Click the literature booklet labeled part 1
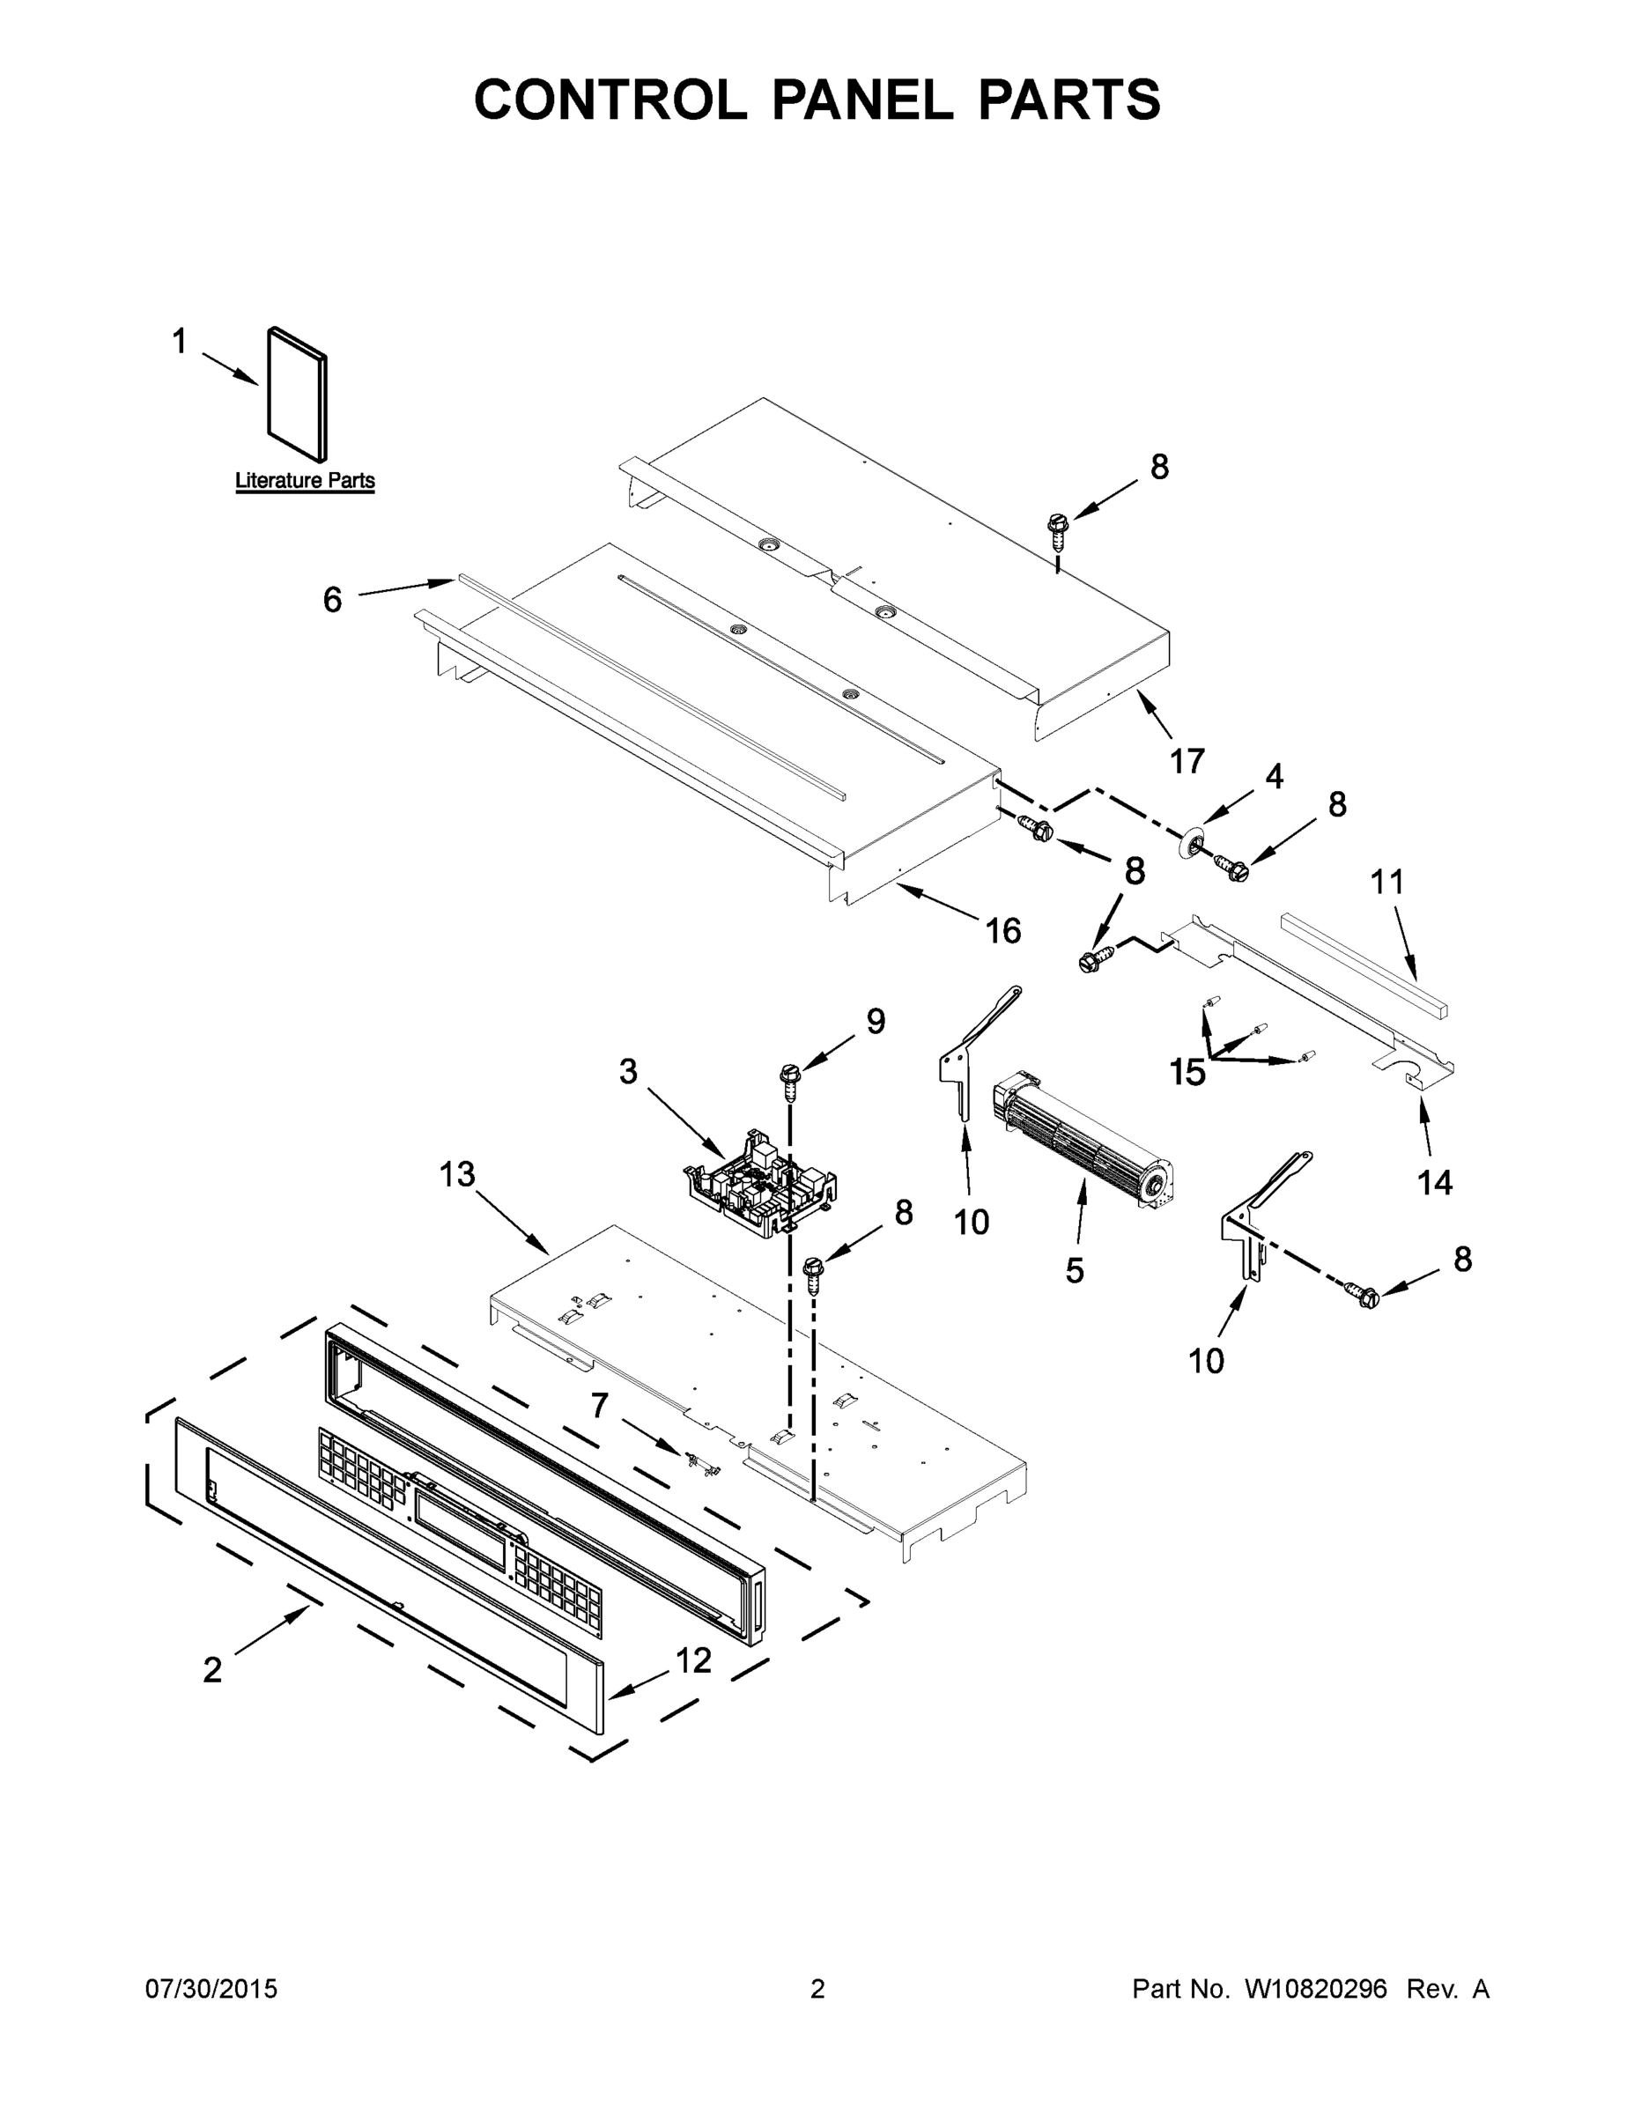pyautogui.click(x=297, y=395)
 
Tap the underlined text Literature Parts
pyautogui.click(x=305, y=481)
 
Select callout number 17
pyautogui.click(x=1187, y=762)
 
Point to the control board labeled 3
pyautogui.click(x=761, y=1186)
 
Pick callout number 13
pyautogui.click(x=457, y=1174)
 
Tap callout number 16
pyautogui.click(x=1002, y=930)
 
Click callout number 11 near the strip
pyautogui.click(x=1387, y=882)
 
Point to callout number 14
pyautogui.click(x=1435, y=1182)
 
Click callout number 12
pyautogui.click(x=693, y=1661)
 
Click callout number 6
pyautogui.click(x=332, y=600)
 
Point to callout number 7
pyautogui.click(x=599, y=1405)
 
